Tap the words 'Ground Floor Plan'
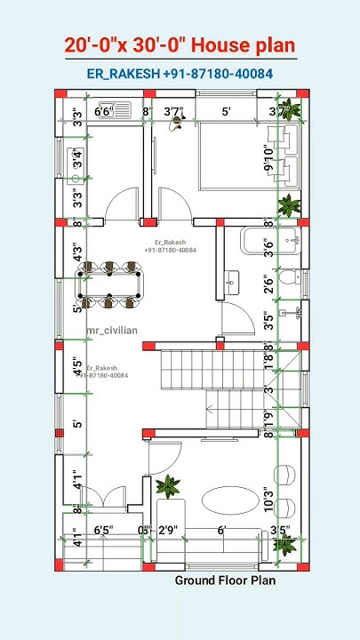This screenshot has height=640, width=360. pyautogui.click(x=225, y=580)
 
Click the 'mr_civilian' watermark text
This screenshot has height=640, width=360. pyautogui.click(x=112, y=331)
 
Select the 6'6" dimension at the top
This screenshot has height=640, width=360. pyautogui.click(x=104, y=112)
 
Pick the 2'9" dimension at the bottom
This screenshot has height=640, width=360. pyautogui.click(x=168, y=531)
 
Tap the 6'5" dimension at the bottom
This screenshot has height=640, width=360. pyautogui.click(x=103, y=531)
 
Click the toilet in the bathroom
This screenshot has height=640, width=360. pyautogui.click(x=287, y=278)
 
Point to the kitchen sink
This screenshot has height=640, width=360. pyautogui.click(x=77, y=161)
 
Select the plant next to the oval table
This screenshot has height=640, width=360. pyautogui.click(x=166, y=486)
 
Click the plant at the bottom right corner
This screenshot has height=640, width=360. pyautogui.click(x=284, y=544)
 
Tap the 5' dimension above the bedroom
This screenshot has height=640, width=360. pyautogui.click(x=227, y=112)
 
